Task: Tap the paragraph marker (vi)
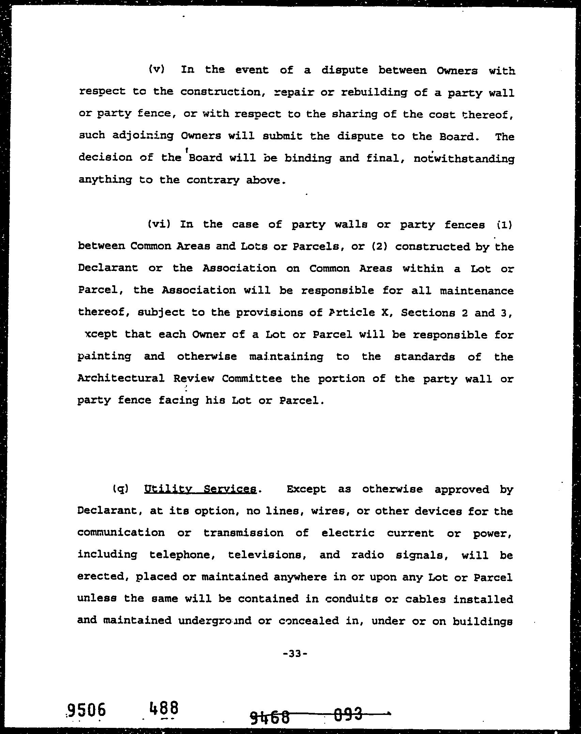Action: pyautogui.click(x=159, y=224)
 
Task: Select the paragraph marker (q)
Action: pyautogui.click(x=120, y=489)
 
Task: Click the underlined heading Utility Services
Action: pyautogui.click(x=200, y=489)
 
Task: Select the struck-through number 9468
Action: pyautogui.click(x=270, y=714)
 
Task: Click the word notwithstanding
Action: pyautogui.click(x=464, y=158)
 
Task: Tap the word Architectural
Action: pyautogui.click(x=121, y=378)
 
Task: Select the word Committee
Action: pyautogui.click(x=252, y=378)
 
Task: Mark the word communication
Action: pyautogui.click(x=121, y=533)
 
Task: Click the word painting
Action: pyautogui.click(x=104, y=357)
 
